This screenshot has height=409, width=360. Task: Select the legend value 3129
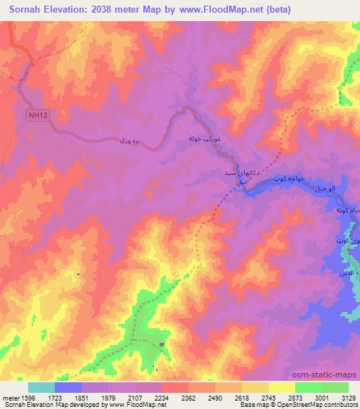(347, 398)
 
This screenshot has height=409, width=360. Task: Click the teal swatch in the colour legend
(41, 387)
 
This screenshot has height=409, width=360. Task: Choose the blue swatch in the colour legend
(68, 387)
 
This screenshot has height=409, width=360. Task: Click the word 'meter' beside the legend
(8, 398)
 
